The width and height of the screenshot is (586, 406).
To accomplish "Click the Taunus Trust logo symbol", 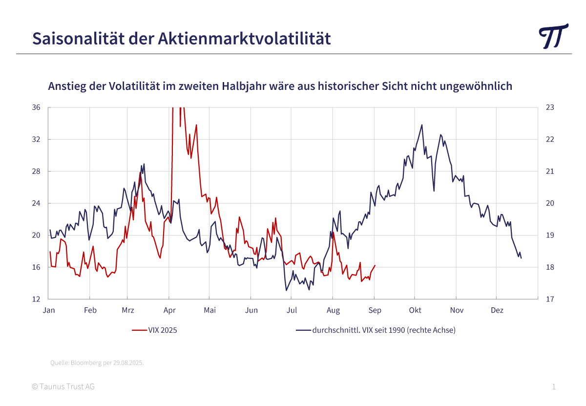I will tap(554, 36).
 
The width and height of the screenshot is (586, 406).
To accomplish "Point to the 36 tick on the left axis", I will tap(37, 107).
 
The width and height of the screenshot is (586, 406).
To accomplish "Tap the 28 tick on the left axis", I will tap(37, 171).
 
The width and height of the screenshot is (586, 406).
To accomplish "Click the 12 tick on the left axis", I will tap(37, 299).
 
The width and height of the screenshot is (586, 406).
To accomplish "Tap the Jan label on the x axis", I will tap(49, 310).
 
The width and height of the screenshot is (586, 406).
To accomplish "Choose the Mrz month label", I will tap(128, 310).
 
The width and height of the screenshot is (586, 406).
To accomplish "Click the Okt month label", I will tap(415, 310).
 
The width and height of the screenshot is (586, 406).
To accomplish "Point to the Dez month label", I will tap(497, 310).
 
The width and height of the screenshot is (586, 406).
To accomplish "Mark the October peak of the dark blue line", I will tap(422, 125).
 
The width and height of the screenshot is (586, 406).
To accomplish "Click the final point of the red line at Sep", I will tap(375, 266).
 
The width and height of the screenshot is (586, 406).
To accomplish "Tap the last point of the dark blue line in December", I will tap(521, 258).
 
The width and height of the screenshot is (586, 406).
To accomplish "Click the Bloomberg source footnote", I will tap(97, 363).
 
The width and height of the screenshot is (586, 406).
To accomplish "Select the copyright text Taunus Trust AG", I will tap(63, 386).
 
